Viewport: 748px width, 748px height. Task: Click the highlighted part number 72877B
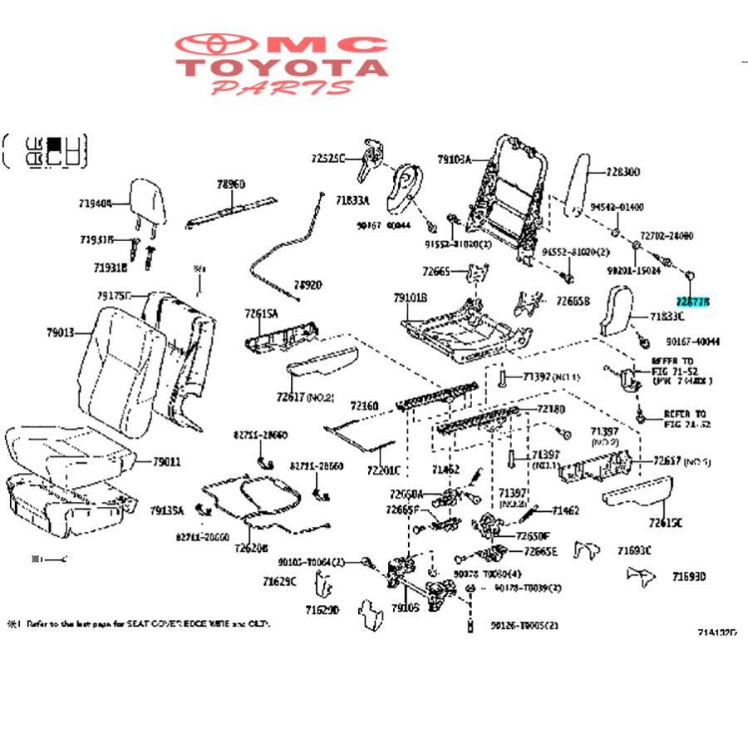694,302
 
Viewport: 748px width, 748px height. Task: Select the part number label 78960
231,184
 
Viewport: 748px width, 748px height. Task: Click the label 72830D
623,172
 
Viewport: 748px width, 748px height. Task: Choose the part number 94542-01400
617,207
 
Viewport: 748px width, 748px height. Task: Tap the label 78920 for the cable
306,284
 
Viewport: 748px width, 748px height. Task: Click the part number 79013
61,333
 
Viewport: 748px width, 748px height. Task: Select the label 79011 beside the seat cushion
165,461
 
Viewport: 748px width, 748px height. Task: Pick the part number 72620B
250,548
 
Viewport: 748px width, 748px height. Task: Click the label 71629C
279,581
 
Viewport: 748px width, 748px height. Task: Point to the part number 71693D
689,576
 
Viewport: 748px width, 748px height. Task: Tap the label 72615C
666,523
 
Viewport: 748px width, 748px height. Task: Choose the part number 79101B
410,297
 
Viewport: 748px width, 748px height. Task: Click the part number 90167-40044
692,341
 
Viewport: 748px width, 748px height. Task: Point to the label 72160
363,406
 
